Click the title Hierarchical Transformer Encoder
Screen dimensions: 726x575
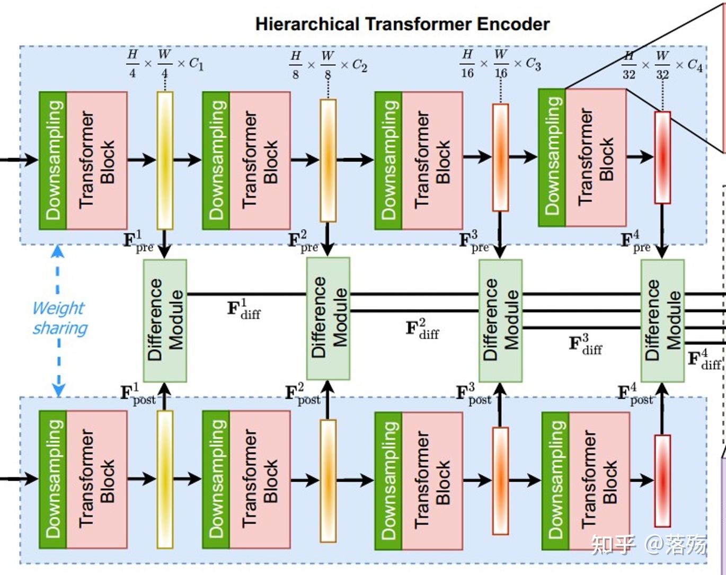[x=402, y=24]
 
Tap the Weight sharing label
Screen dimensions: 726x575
[x=60, y=318]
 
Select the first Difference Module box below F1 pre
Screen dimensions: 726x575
[x=165, y=320]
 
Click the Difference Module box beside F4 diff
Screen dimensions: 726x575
[x=662, y=320]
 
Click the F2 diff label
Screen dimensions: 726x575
[x=422, y=329]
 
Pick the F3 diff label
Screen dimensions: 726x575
[x=586, y=344]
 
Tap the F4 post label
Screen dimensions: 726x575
[x=635, y=394]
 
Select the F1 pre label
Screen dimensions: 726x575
[x=138, y=241]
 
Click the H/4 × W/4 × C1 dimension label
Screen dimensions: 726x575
[x=165, y=64]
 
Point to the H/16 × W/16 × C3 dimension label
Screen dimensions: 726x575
[x=500, y=64]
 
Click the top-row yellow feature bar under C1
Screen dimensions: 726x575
[x=165, y=161]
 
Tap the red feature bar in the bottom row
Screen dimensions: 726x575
[x=662, y=481]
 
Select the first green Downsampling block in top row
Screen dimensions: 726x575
[x=53, y=161]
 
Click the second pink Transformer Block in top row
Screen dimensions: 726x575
[x=260, y=161]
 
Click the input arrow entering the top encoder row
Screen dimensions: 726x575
[x=19, y=160]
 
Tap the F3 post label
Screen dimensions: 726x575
[x=474, y=394]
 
